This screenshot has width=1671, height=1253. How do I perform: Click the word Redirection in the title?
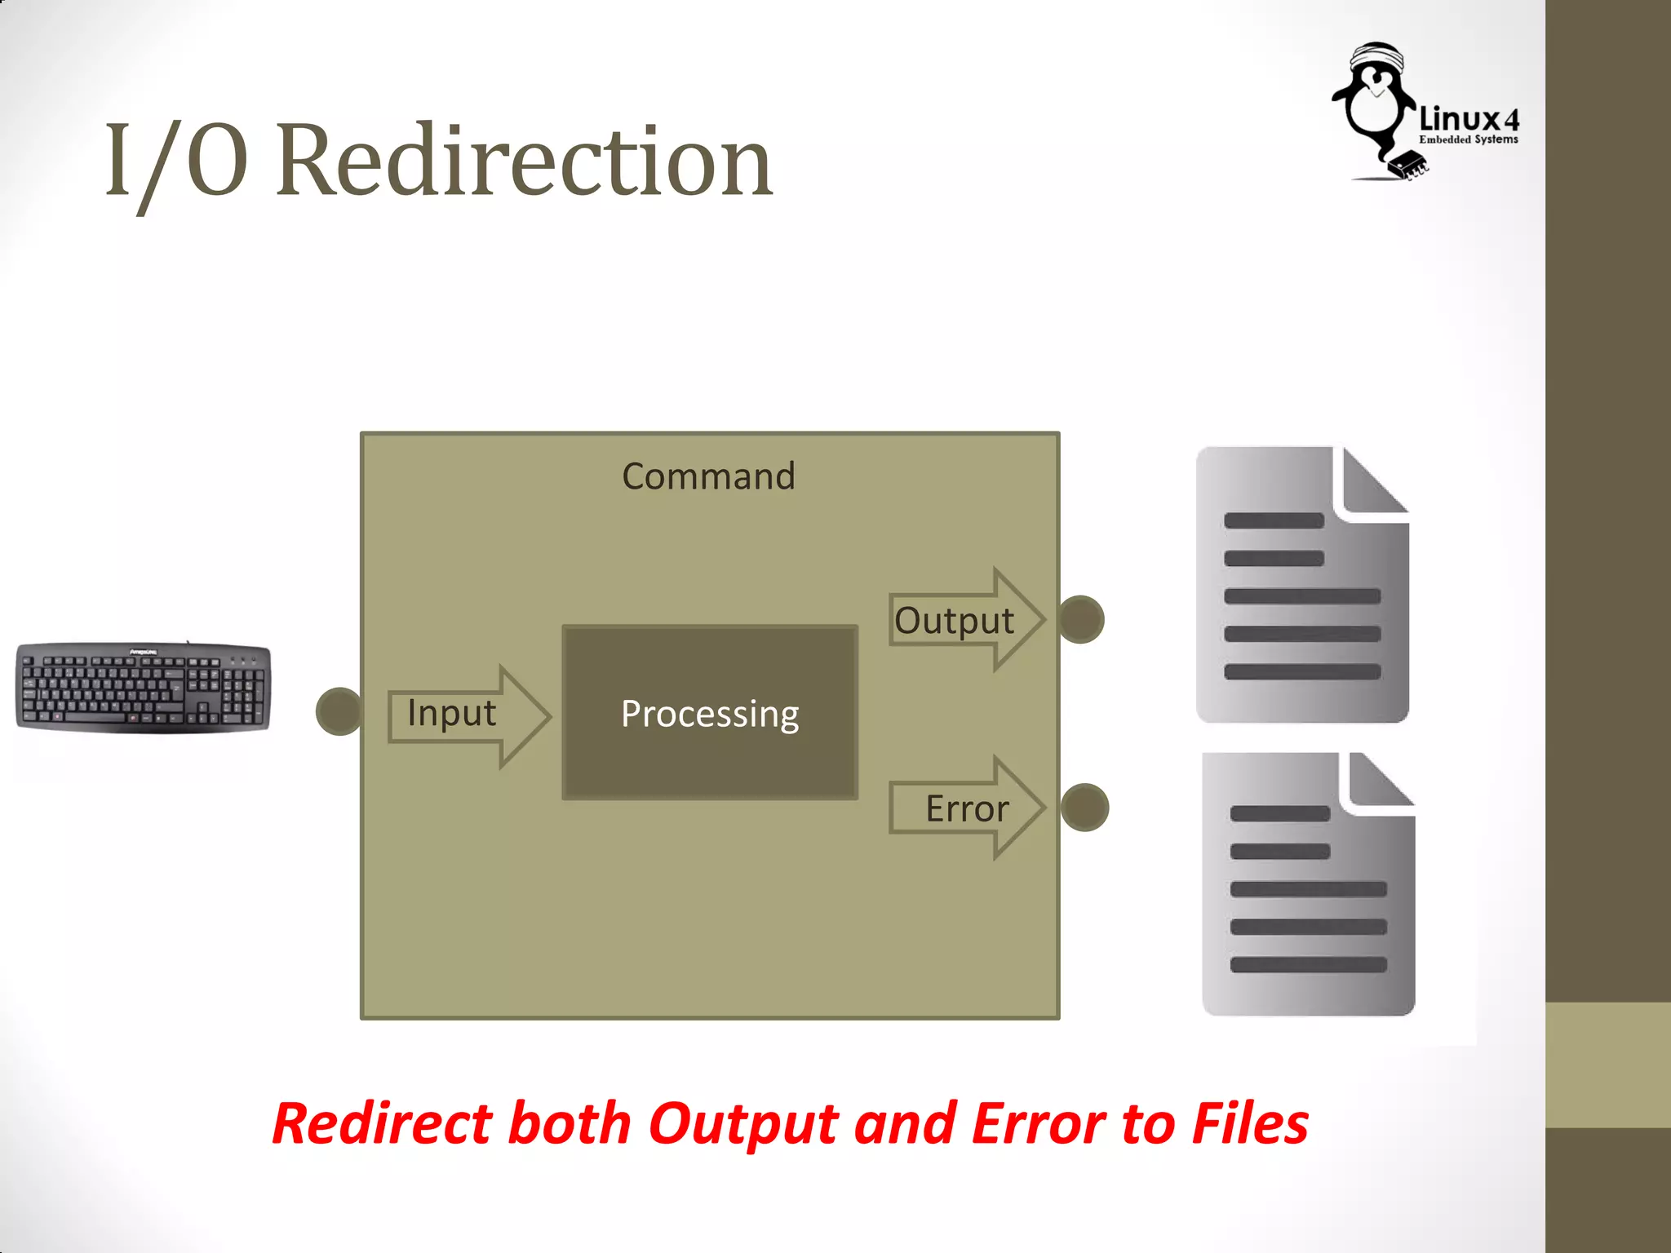click(x=524, y=161)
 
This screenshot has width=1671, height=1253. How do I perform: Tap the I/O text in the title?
click(x=175, y=161)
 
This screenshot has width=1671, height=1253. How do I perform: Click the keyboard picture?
click(x=144, y=688)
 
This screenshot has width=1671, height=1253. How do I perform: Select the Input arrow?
click(x=468, y=715)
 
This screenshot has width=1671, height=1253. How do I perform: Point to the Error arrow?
click(x=967, y=808)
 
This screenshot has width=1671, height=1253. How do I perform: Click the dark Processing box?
click(x=709, y=713)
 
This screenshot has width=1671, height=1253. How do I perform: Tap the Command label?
click(x=708, y=476)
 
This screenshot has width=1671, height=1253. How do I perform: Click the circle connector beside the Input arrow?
click(x=339, y=711)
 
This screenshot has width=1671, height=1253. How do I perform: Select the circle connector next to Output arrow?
click(x=1081, y=620)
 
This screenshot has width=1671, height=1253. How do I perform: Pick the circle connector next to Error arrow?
click(x=1084, y=808)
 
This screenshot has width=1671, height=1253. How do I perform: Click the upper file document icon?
click(x=1301, y=596)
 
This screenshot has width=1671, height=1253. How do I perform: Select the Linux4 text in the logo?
click(x=1469, y=120)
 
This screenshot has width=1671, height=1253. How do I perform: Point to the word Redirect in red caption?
click(x=382, y=1124)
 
